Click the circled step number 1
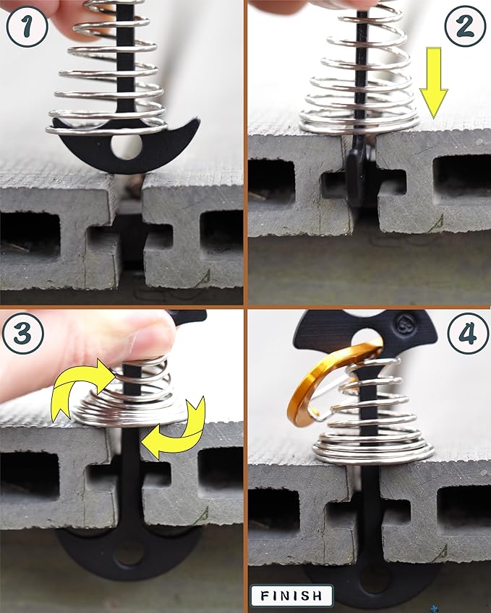tap(27, 27)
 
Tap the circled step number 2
tap(465, 27)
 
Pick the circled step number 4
tap(468, 333)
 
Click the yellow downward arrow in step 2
tap(433, 83)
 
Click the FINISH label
tap(291, 596)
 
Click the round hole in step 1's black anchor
tap(126, 147)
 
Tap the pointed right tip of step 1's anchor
tap(198, 120)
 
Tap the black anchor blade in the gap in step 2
tap(356, 176)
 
